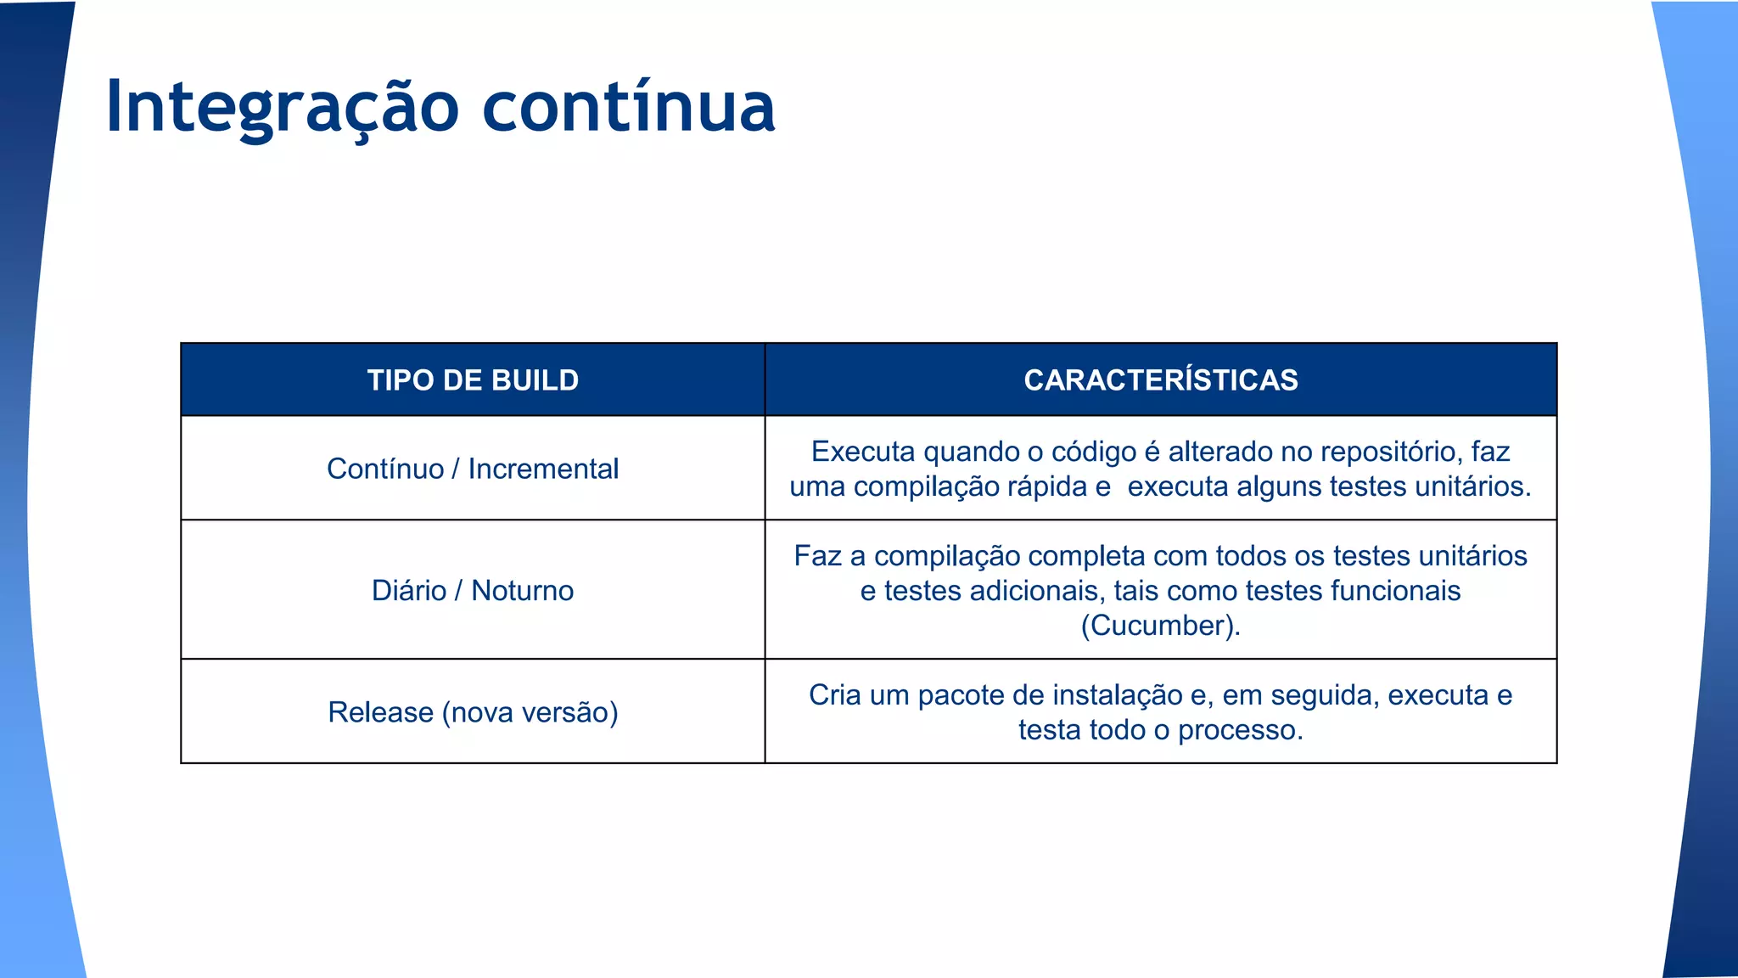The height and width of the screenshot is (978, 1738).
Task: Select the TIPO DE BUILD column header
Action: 473,380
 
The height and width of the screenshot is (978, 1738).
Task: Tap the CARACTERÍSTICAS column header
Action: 1160,380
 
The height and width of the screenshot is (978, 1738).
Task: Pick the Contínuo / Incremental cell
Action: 473,469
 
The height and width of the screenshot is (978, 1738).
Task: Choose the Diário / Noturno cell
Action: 473,590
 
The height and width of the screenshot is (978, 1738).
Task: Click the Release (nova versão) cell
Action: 473,711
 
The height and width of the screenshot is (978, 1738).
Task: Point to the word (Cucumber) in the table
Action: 1159,626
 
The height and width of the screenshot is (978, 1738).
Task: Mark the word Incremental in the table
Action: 543,469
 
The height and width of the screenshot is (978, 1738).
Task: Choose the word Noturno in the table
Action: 522,590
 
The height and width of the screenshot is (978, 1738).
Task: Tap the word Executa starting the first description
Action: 862,452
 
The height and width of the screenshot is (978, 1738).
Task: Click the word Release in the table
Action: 380,711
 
